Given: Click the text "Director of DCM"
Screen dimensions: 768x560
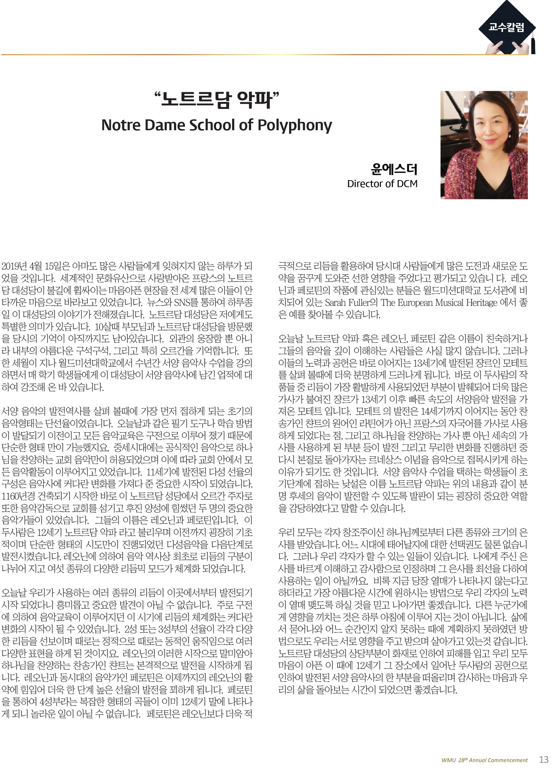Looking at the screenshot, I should pos(382,184).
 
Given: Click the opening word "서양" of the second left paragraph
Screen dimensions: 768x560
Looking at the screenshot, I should pos(10,411).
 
